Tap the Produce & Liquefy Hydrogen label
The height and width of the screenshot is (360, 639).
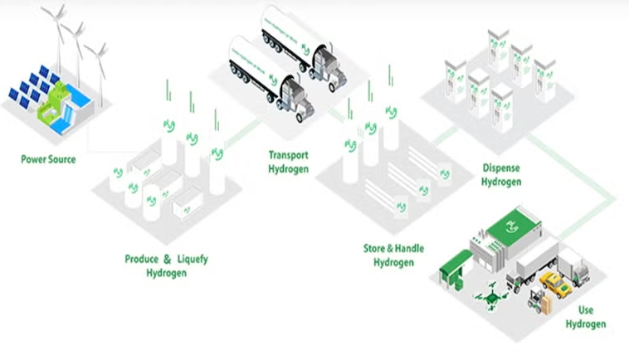[x=166, y=265]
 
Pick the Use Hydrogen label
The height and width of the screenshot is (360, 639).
[x=586, y=317]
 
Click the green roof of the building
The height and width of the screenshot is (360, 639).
[x=508, y=224]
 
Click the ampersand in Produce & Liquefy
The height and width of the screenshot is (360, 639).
[x=166, y=259]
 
